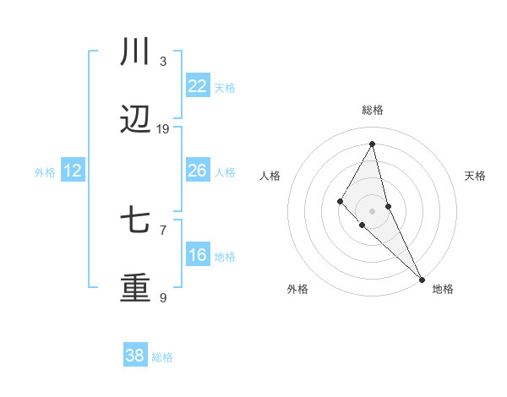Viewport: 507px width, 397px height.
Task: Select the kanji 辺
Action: (x=135, y=122)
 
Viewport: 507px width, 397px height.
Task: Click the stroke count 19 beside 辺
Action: (x=163, y=129)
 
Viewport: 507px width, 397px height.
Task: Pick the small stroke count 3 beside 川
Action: (x=163, y=61)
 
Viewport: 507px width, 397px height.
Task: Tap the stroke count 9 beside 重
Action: (x=163, y=297)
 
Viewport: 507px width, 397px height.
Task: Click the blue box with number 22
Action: (x=197, y=86)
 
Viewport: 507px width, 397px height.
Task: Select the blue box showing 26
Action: (x=197, y=171)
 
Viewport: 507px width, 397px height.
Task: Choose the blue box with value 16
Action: (x=197, y=255)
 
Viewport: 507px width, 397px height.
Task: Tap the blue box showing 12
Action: (x=73, y=171)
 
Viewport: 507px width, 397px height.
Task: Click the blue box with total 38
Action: (x=135, y=356)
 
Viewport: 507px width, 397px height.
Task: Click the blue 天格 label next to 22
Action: (x=225, y=87)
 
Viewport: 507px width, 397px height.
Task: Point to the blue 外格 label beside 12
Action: (x=45, y=172)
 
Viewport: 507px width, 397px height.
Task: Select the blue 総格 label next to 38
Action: (x=162, y=357)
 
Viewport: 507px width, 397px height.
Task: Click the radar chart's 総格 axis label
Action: (x=373, y=110)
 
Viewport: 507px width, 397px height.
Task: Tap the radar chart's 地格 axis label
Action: (x=443, y=289)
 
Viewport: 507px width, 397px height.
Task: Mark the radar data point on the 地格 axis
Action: (x=422, y=279)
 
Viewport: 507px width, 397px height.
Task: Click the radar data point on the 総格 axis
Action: (x=373, y=143)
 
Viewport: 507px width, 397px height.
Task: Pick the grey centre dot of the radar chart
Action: (x=373, y=210)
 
